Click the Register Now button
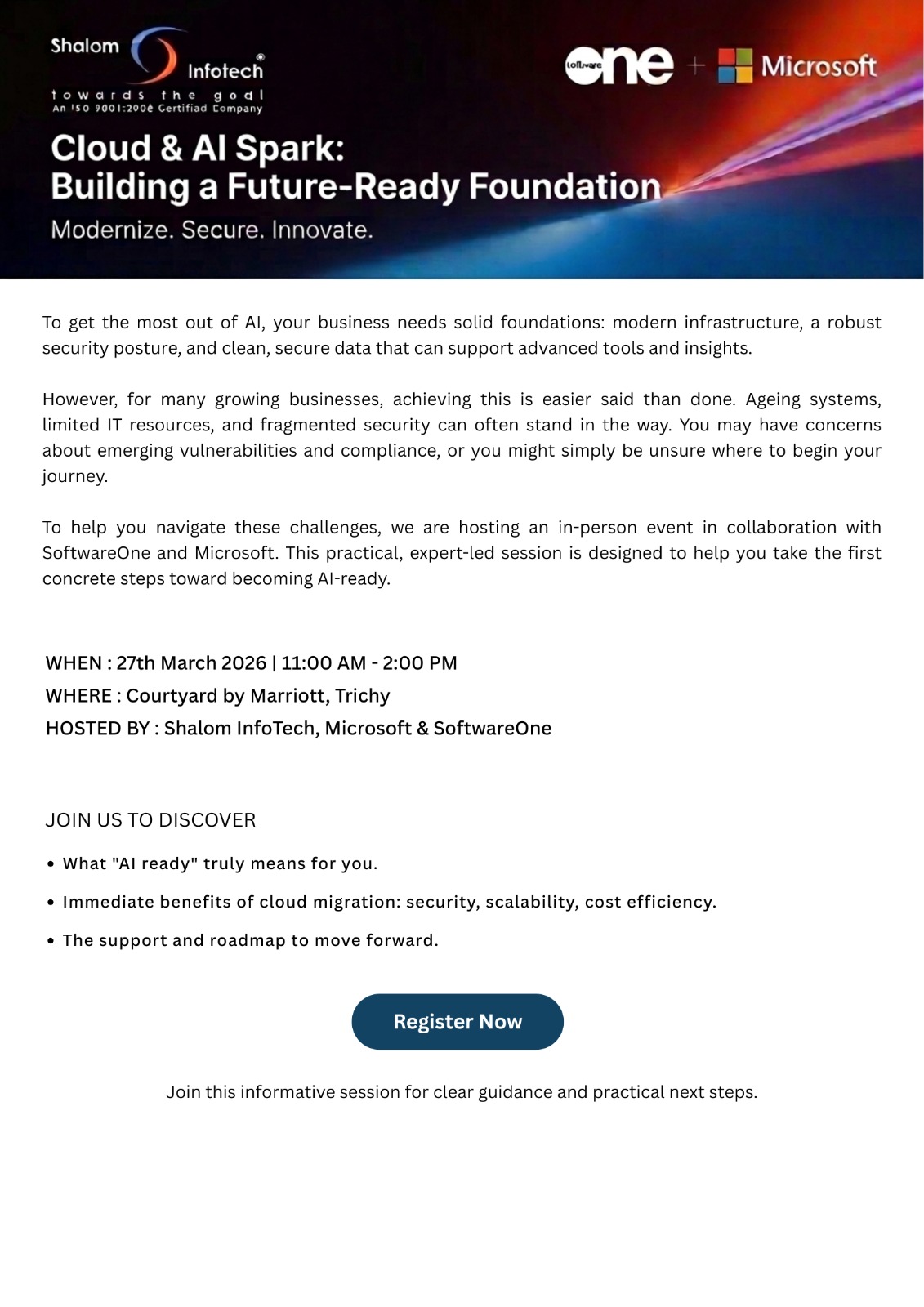[x=458, y=1021]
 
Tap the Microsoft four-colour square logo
[x=734, y=65]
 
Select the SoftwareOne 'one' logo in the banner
[x=619, y=65]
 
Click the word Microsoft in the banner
[x=819, y=66]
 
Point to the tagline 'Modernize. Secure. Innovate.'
[x=212, y=230]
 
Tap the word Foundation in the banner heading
[x=565, y=186]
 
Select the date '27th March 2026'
[x=191, y=662]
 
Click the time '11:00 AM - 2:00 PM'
[x=369, y=662]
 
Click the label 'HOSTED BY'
[x=97, y=728]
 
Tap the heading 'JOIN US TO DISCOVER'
[x=150, y=819]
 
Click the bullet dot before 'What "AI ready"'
[x=51, y=864]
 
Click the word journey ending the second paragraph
[x=74, y=476]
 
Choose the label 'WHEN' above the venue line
[x=74, y=662]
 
